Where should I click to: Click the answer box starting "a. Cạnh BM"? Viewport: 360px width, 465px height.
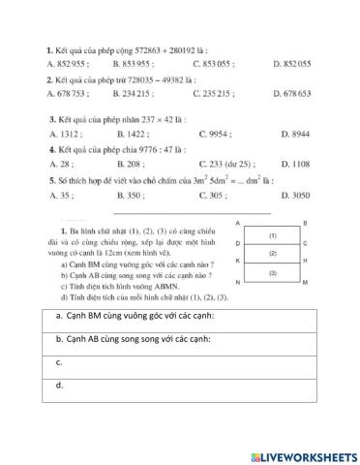(179, 319)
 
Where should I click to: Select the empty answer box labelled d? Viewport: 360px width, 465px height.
(179, 386)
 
